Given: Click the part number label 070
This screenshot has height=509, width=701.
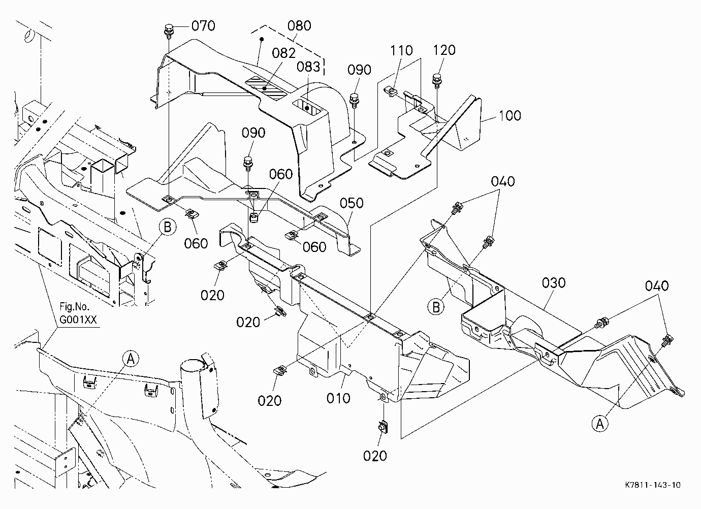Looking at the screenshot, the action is point(203,26).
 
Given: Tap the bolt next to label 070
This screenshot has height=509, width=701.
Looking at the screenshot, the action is point(169,31).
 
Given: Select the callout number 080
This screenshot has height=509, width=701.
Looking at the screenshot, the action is point(300,26).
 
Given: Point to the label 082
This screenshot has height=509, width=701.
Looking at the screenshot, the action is point(283,53).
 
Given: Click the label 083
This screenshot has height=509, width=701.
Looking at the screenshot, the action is point(308,67).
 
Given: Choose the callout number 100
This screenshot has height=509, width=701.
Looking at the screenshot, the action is point(510,116).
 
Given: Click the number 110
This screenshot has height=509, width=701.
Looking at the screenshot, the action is point(401,50).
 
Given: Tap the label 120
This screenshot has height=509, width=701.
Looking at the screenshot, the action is point(444,50).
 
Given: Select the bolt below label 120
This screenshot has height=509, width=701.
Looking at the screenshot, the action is point(436,80).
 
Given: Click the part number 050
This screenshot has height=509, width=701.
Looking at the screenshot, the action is point(352,203).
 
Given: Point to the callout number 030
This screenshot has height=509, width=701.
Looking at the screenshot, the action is point(554,283).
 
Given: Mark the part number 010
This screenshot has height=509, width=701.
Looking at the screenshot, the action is point(338,398).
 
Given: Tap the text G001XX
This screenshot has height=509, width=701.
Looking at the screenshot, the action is point(78,320).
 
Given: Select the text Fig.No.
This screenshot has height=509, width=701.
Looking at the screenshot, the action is point(75,306).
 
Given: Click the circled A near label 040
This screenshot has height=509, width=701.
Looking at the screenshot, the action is point(600,424).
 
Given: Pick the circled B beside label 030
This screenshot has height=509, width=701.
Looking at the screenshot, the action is point(436,307).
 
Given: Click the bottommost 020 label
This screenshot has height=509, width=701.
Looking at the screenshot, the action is point(375,456).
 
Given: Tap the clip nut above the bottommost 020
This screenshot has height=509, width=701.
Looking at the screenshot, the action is point(383,427).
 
